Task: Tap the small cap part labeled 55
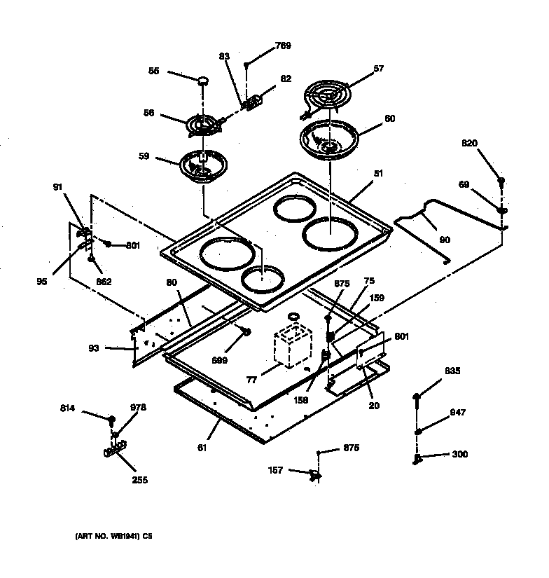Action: click(203, 81)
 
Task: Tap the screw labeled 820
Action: click(501, 182)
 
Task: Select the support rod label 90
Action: click(445, 240)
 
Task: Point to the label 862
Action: click(104, 281)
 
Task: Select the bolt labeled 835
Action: click(417, 398)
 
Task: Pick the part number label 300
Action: click(459, 454)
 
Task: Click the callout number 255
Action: click(139, 481)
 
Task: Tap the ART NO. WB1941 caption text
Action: click(113, 537)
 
